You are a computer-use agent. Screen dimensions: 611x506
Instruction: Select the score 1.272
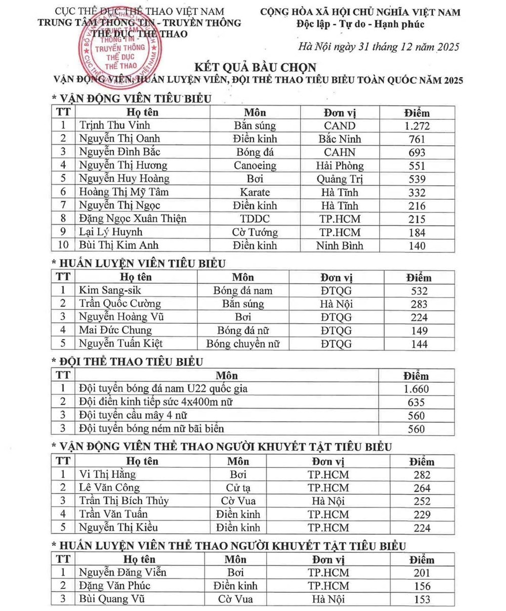point(417,125)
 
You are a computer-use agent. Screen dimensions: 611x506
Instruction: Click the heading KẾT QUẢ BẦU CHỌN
point(256,67)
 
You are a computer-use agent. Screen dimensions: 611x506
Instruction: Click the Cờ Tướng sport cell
point(255,232)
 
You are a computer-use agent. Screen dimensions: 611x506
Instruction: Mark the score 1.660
point(417,389)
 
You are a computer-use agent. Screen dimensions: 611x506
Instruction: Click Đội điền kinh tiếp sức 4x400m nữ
point(157,402)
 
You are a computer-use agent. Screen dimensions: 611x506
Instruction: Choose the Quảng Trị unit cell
point(340,179)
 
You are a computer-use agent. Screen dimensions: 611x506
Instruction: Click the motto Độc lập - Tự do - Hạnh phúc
point(361,24)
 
